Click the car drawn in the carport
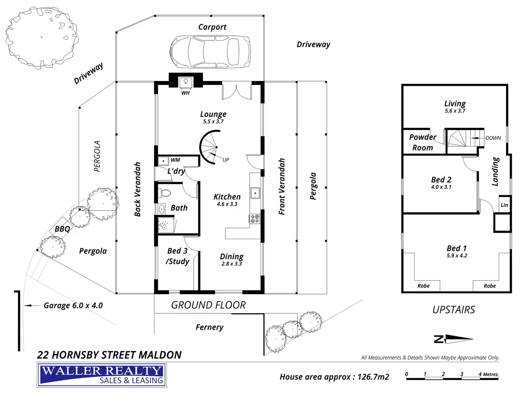pos(210,52)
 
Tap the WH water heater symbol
pos(185,82)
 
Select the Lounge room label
pos(213,114)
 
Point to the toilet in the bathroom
pos(165,193)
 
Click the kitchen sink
pos(255,193)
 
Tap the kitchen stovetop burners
pos(254,218)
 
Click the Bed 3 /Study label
pos(177,256)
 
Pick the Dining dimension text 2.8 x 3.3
pos(232,264)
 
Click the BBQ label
pos(62,229)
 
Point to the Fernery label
pos(209,327)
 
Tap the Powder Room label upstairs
pos(423,142)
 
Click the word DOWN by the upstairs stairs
pos(493,138)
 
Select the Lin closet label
pos(504,205)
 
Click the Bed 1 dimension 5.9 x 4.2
pos(457,256)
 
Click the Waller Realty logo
pos(102,375)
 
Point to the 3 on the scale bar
pos(461,374)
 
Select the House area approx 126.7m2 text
pos(334,377)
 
